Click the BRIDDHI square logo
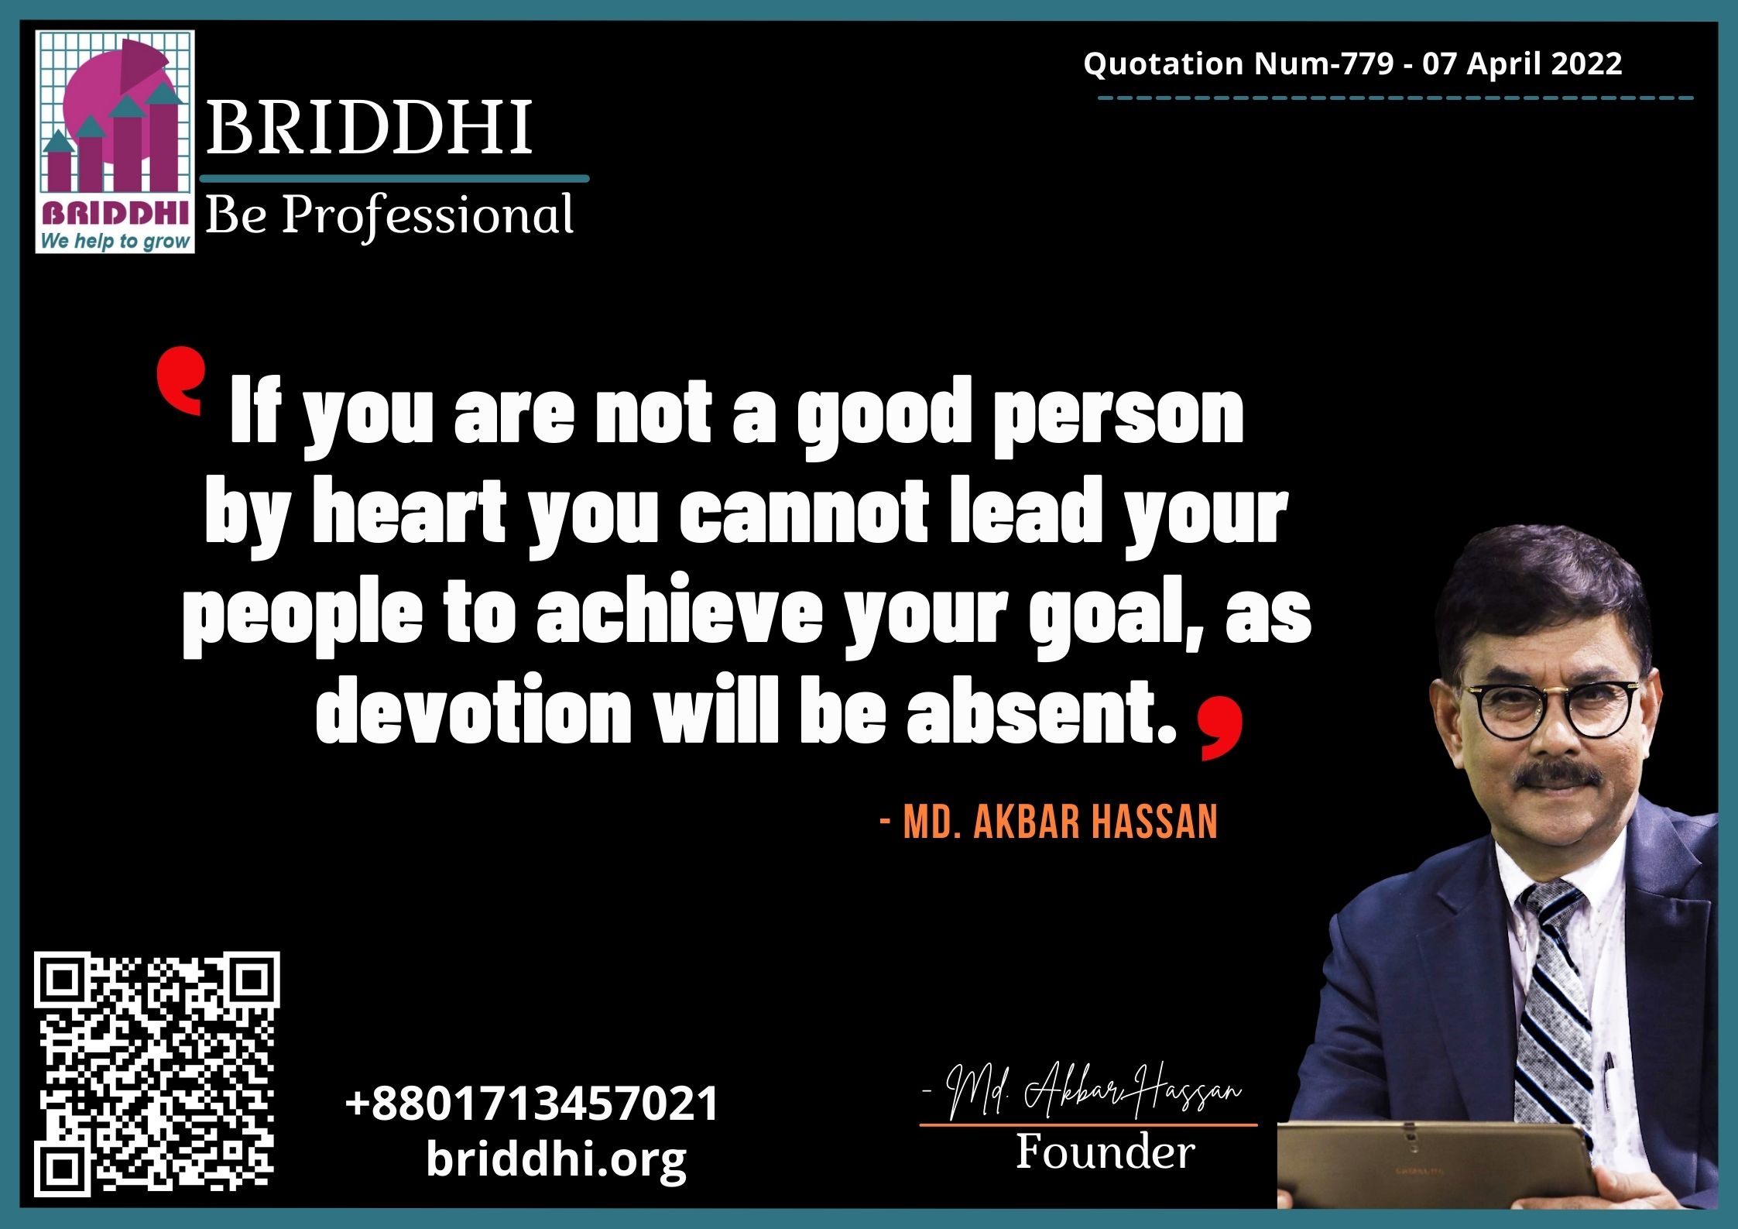point(115,142)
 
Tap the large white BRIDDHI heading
point(369,127)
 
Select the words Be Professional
point(389,215)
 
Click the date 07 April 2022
point(1522,64)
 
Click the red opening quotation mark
point(180,380)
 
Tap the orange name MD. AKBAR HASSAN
point(1049,821)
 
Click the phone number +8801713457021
point(532,1103)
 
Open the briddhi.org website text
point(557,1160)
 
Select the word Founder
point(1105,1152)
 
